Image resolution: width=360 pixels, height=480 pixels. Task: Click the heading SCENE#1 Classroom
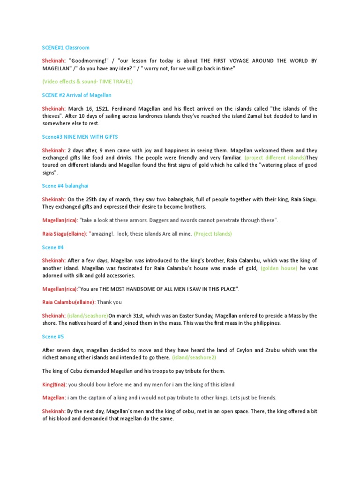tap(66, 48)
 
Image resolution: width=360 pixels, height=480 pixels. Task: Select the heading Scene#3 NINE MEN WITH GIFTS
tap(80, 136)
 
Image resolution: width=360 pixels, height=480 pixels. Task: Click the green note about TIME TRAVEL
tap(88, 82)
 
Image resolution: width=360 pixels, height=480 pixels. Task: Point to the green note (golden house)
tap(279, 268)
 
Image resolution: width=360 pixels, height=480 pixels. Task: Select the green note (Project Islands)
tap(213, 233)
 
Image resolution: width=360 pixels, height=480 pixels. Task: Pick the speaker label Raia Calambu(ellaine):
tap(69, 302)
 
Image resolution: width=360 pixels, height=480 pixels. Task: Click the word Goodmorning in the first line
tap(89, 61)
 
